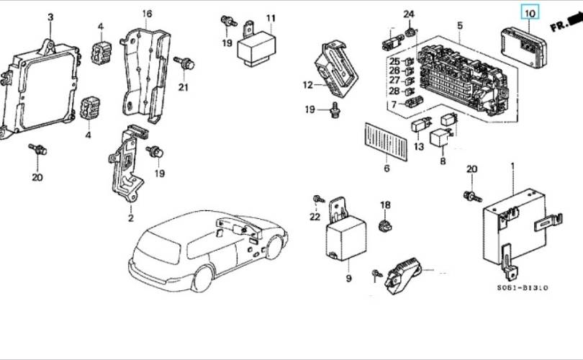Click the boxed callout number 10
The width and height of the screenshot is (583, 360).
530,14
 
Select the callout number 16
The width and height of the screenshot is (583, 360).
148,14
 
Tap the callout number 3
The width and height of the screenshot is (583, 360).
50,17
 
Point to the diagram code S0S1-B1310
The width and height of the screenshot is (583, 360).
523,287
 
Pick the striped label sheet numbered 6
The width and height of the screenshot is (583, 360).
386,142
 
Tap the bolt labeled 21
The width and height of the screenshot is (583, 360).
184,63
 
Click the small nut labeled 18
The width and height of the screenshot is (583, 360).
386,225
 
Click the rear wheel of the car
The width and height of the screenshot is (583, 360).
204,279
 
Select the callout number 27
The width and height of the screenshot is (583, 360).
394,80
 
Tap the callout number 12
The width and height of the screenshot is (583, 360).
308,85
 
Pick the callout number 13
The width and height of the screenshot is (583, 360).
419,147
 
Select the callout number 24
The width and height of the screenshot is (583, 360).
409,14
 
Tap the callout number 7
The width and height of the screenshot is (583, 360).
394,105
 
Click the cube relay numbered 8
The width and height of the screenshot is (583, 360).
440,138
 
